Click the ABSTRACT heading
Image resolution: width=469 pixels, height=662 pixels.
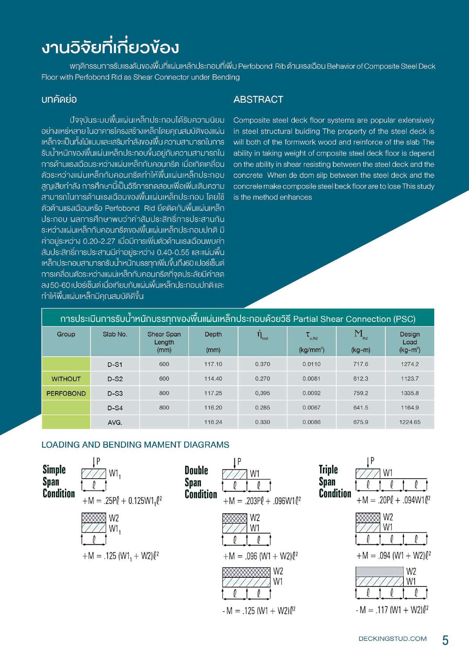258,100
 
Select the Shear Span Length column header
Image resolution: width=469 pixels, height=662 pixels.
164,342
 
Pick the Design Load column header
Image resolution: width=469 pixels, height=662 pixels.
410,342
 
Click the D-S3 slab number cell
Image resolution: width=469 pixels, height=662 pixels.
115,393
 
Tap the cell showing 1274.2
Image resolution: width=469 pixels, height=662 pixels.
410,364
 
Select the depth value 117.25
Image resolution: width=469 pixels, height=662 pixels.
213,393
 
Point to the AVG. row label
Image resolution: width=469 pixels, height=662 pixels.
115,422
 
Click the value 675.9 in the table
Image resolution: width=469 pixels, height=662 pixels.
361,422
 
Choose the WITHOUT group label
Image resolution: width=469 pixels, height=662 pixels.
66,379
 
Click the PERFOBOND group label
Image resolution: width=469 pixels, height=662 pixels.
66,393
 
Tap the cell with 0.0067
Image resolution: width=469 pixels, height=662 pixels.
311,408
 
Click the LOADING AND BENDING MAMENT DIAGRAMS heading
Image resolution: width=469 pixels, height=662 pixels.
135,445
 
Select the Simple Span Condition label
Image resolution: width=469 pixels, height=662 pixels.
59,482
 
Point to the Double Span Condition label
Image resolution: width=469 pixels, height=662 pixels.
201,482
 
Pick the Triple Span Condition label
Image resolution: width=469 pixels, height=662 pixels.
335,482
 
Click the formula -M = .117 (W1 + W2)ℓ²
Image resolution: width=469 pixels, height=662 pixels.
392,610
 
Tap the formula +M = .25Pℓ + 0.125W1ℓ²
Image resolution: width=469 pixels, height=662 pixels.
122,501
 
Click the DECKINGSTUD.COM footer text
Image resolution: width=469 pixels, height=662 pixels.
392,639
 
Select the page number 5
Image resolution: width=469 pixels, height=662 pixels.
445,640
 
